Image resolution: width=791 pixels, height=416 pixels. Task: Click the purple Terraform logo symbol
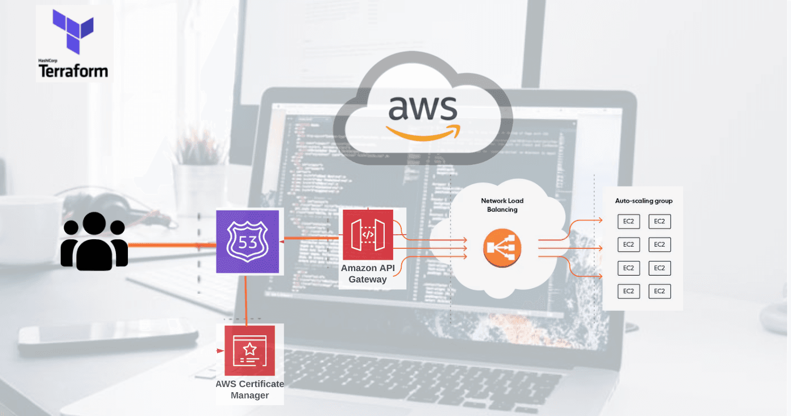[73, 31]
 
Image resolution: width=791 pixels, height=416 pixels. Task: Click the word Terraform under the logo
[73, 70]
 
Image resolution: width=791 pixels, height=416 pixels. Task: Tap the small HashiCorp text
[48, 60]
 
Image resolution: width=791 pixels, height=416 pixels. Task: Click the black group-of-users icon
[94, 241]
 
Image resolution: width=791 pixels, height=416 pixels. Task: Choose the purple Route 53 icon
[248, 242]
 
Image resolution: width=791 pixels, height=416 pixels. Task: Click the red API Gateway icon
[368, 235]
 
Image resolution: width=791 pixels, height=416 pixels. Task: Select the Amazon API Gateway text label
[368, 273]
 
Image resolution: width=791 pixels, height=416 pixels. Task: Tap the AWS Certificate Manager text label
[249, 389]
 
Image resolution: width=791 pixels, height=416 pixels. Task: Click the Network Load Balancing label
[502, 205]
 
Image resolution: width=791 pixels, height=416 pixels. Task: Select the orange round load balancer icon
[502, 248]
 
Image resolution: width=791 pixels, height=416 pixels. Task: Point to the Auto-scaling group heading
[644, 201]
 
